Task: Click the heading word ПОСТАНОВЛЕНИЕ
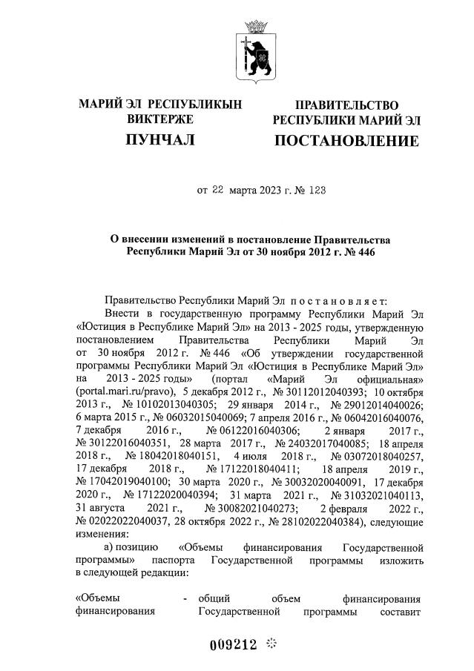click(346, 141)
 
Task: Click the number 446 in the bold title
click(366, 253)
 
